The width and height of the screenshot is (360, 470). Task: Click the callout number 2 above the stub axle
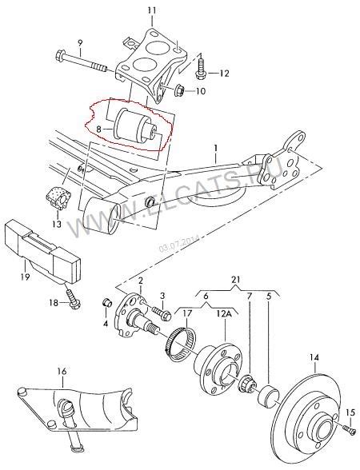[x=141, y=280]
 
